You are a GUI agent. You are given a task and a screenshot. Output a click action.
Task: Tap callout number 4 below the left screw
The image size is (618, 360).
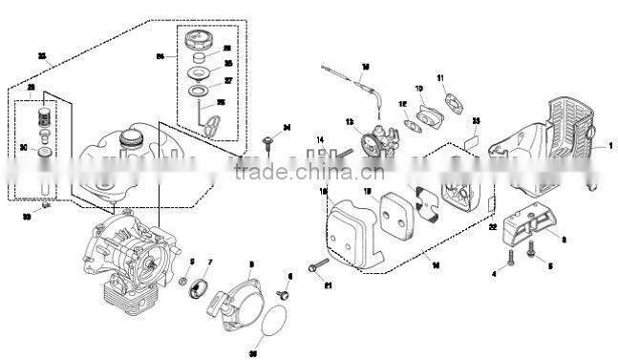[x=494, y=275]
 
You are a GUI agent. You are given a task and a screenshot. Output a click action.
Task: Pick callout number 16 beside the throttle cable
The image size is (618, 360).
[x=365, y=67]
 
